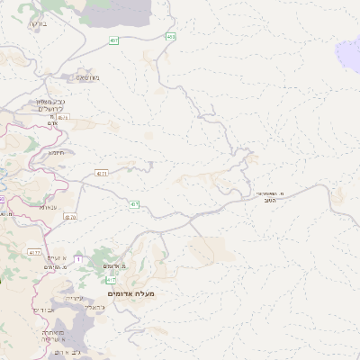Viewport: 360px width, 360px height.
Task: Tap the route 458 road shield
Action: pyautogui.click(x=170, y=37)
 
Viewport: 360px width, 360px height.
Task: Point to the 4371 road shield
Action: pyautogui.click(x=102, y=173)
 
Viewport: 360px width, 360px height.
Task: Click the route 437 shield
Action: pyautogui.click(x=134, y=204)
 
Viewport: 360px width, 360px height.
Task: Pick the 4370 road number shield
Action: pyautogui.click(x=71, y=217)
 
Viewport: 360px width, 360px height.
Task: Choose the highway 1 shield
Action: pyautogui.click(x=78, y=259)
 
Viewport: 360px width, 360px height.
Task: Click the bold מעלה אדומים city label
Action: pyautogui.click(x=131, y=293)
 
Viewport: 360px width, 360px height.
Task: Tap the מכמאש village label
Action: pyautogui.click(x=88, y=78)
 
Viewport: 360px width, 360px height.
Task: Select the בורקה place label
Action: pyautogui.click(x=37, y=23)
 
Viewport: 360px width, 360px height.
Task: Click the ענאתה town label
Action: pyautogui.click(x=48, y=207)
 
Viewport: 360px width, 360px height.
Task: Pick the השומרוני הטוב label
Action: pyautogui.click(x=269, y=197)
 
